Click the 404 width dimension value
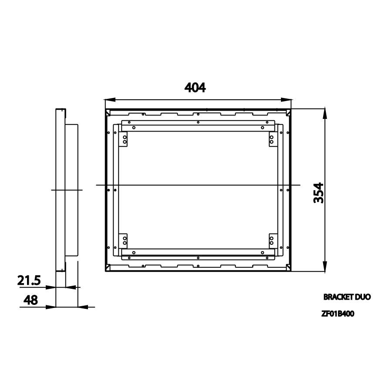(x=195, y=88)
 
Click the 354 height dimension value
(x=319, y=193)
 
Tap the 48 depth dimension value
(x=30, y=300)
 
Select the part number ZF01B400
(x=337, y=313)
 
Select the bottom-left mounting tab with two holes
(x=125, y=240)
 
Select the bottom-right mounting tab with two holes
(x=271, y=240)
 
